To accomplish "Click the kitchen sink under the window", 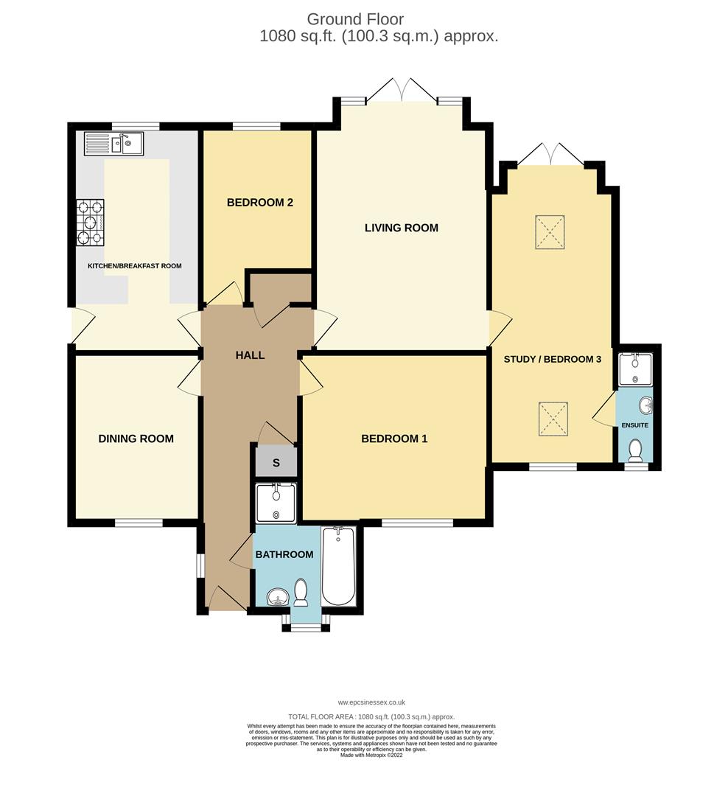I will click(113, 143).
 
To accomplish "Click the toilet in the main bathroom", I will click(301, 593).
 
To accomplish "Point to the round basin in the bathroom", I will click(277, 597).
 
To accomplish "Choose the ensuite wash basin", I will click(646, 405).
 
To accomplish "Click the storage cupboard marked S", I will click(276, 462).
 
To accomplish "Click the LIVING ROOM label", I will click(401, 228).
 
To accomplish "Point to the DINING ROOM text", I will click(136, 439).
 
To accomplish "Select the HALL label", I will click(250, 355).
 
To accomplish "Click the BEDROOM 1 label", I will click(393, 439).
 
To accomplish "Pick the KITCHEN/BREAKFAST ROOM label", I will click(135, 266).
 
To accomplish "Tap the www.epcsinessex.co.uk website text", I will click(371, 702).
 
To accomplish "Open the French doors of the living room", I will click(402, 91).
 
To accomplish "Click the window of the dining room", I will click(139, 523).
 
